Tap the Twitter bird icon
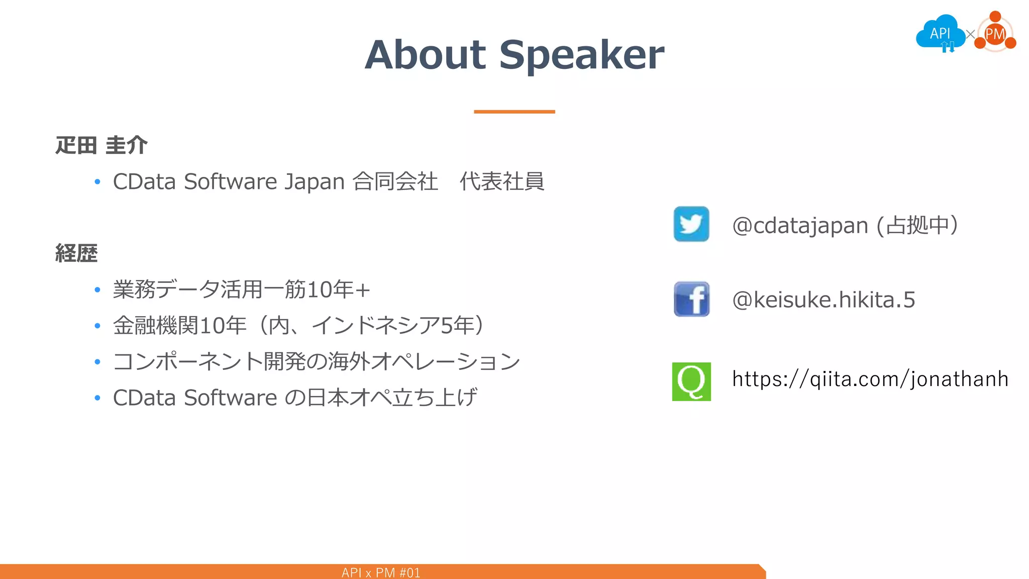[x=691, y=224]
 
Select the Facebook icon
[x=691, y=299]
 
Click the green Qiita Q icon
[x=691, y=381]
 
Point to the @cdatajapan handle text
[x=800, y=225]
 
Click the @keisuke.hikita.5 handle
[x=824, y=300]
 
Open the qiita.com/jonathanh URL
[x=870, y=379]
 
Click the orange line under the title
[x=514, y=112]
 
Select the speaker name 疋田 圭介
[x=101, y=145]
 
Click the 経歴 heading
[x=76, y=253]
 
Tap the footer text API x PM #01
[x=381, y=572]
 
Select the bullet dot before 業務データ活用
[x=97, y=290]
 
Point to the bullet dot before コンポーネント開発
[x=97, y=362]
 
